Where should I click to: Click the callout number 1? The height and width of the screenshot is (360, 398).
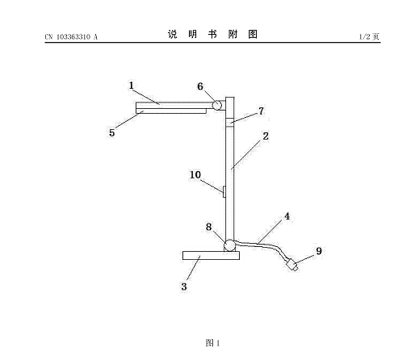pyautogui.click(x=131, y=86)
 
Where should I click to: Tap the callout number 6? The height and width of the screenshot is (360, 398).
pyautogui.click(x=200, y=86)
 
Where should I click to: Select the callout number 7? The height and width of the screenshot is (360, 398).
pyautogui.click(x=261, y=111)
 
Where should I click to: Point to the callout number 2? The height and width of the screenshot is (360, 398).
pyautogui.click(x=266, y=136)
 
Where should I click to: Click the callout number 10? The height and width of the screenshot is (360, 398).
pyautogui.click(x=195, y=175)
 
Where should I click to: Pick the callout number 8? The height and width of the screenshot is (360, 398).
pyautogui.click(x=209, y=227)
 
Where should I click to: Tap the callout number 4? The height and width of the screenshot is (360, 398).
pyautogui.click(x=287, y=216)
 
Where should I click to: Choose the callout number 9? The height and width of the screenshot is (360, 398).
pyautogui.click(x=319, y=251)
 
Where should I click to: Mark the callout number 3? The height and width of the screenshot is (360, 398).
pyautogui.click(x=184, y=287)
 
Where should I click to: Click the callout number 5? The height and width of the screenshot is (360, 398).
pyautogui.click(x=111, y=132)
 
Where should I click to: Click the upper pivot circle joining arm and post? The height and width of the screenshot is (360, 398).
pyautogui.click(x=217, y=105)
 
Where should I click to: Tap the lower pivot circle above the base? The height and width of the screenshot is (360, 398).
pyautogui.click(x=230, y=245)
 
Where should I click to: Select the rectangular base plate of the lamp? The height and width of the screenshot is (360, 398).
pyautogui.click(x=211, y=256)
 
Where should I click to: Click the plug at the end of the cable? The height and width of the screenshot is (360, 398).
pyautogui.click(x=292, y=265)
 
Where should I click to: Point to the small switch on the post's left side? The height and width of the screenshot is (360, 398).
pyautogui.click(x=224, y=191)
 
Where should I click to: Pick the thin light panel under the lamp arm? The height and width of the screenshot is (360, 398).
pyautogui.click(x=171, y=111)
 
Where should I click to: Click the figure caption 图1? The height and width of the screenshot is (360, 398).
pyautogui.click(x=212, y=343)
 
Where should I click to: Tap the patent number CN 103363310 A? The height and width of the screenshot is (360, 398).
pyautogui.click(x=71, y=37)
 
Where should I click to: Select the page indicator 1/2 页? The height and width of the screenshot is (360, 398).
pyautogui.click(x=369, y=36)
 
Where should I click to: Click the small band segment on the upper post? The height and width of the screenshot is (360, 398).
pyautogui.click(x=229, y=123)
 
